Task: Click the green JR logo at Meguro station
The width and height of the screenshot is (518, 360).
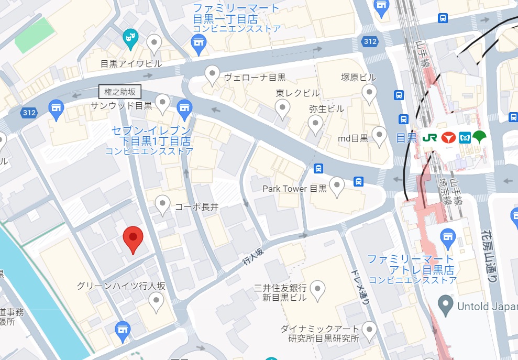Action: [429, 138]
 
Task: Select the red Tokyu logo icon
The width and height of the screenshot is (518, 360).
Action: [447, 138]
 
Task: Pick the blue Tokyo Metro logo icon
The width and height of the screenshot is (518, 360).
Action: [464, 138]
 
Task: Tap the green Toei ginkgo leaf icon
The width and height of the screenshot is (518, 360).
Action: [479, 137]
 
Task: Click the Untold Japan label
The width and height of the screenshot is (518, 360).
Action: [487, 306]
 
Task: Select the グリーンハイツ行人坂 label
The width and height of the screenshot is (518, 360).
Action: [121, 286]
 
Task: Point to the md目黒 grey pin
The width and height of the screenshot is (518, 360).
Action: [378, 136]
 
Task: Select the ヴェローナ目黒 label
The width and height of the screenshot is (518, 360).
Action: [255, 78]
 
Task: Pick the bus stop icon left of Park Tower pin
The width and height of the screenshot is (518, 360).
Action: [318, 169]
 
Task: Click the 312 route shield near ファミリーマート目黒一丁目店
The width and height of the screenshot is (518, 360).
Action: [370, 41]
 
